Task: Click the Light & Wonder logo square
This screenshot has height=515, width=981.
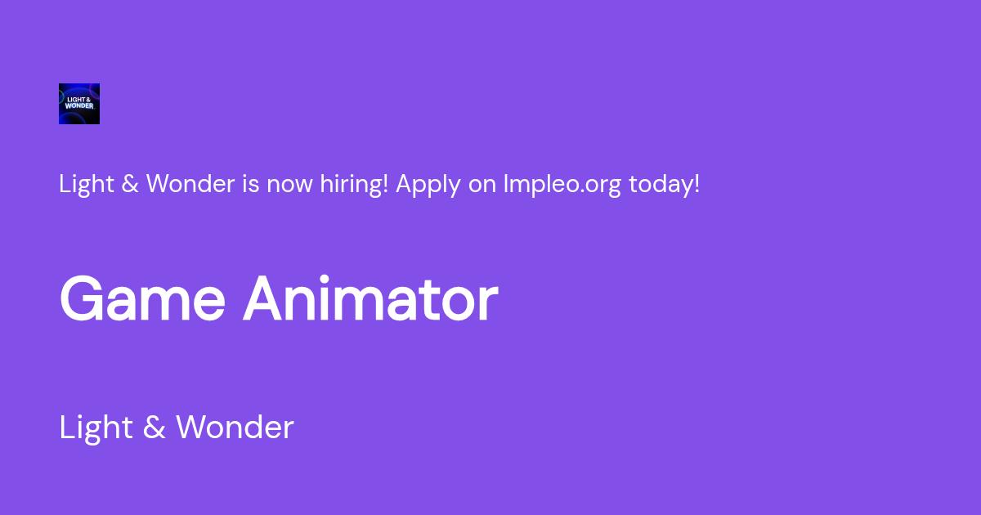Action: [x=79, y=104]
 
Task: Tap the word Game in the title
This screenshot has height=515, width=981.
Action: [x=143, y=298]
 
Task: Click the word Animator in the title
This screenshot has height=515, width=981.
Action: [x=370, y=298]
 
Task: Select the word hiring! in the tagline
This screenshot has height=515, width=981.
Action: [x=354, y=185]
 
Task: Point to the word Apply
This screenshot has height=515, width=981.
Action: [x=428, y=186]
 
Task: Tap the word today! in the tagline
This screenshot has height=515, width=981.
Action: [x=664, y=184]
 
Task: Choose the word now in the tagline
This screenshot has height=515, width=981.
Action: [x=289, y=186]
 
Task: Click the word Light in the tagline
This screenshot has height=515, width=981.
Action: [x=87, y=185]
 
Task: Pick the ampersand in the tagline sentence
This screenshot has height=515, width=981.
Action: [x=130, y=184]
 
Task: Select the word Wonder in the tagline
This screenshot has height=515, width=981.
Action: [x=190, y=184]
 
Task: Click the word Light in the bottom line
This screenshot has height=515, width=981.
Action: [x=96, y=428]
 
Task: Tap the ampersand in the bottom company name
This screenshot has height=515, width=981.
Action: [x=155, y=428]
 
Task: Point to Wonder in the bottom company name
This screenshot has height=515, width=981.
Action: [x=235, y=428]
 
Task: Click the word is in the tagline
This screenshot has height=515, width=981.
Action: [x=250, y=184]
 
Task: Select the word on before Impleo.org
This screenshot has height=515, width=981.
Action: [x=482, y=186]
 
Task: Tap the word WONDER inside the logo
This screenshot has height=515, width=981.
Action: [x=79, y=106]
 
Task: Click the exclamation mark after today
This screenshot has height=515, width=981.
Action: [x=697, y=184]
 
